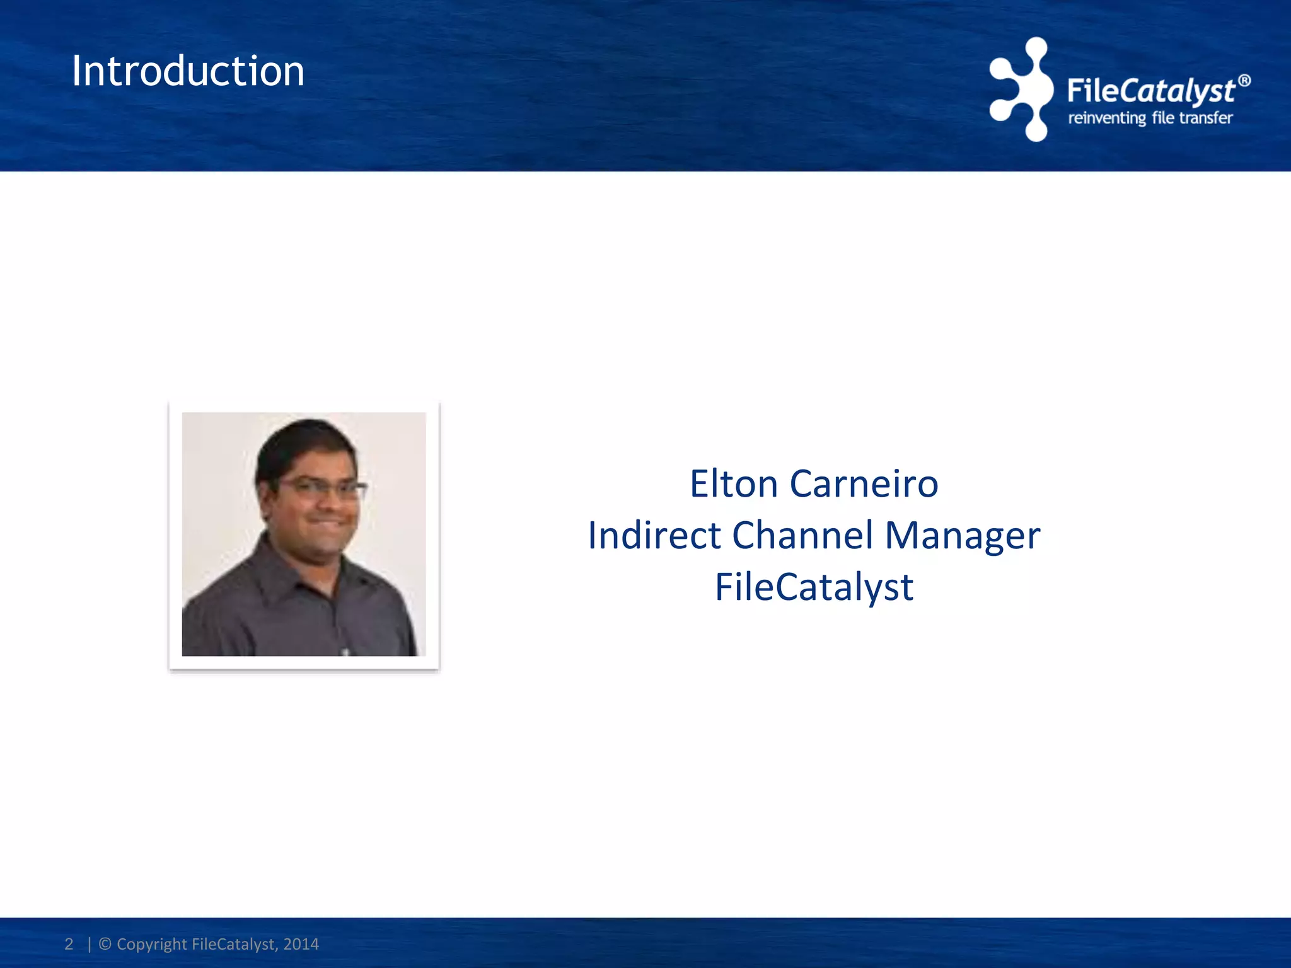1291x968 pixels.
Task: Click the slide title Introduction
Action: point(188,71)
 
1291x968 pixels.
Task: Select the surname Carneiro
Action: point(864,484)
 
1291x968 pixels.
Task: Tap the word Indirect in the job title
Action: point(654,536)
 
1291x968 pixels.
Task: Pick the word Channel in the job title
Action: point(802,536)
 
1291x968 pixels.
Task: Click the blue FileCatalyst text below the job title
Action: point(814,587)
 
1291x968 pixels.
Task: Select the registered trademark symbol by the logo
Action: point(1244,81)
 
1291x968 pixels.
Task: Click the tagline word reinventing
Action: point(1106,118)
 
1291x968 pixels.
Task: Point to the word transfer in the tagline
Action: point(1205,118)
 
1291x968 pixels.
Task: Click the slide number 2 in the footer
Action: point(69,944)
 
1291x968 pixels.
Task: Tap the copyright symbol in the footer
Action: point(105,944)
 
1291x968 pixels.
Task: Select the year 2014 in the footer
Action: point(301,944)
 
